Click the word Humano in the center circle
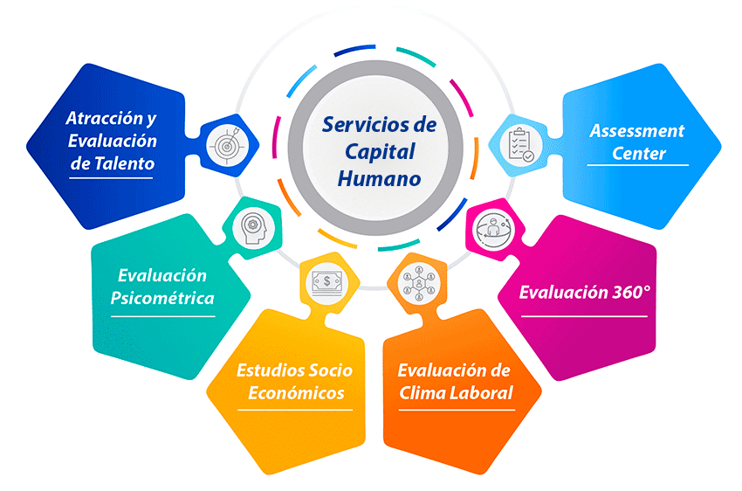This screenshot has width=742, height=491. click(x=379, y=179)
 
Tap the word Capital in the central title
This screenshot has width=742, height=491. click(x=379, y=152)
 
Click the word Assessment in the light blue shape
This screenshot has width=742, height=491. click(x=636, y=131)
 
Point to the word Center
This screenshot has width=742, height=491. click(x=637, y=154)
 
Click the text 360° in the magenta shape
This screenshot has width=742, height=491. click(x=629, y=291)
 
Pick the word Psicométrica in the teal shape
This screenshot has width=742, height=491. click(x=162, y=298)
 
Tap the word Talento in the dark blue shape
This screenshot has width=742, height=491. click(x=124, y=163)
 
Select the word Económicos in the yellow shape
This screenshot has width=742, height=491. click(x=296, y=392)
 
